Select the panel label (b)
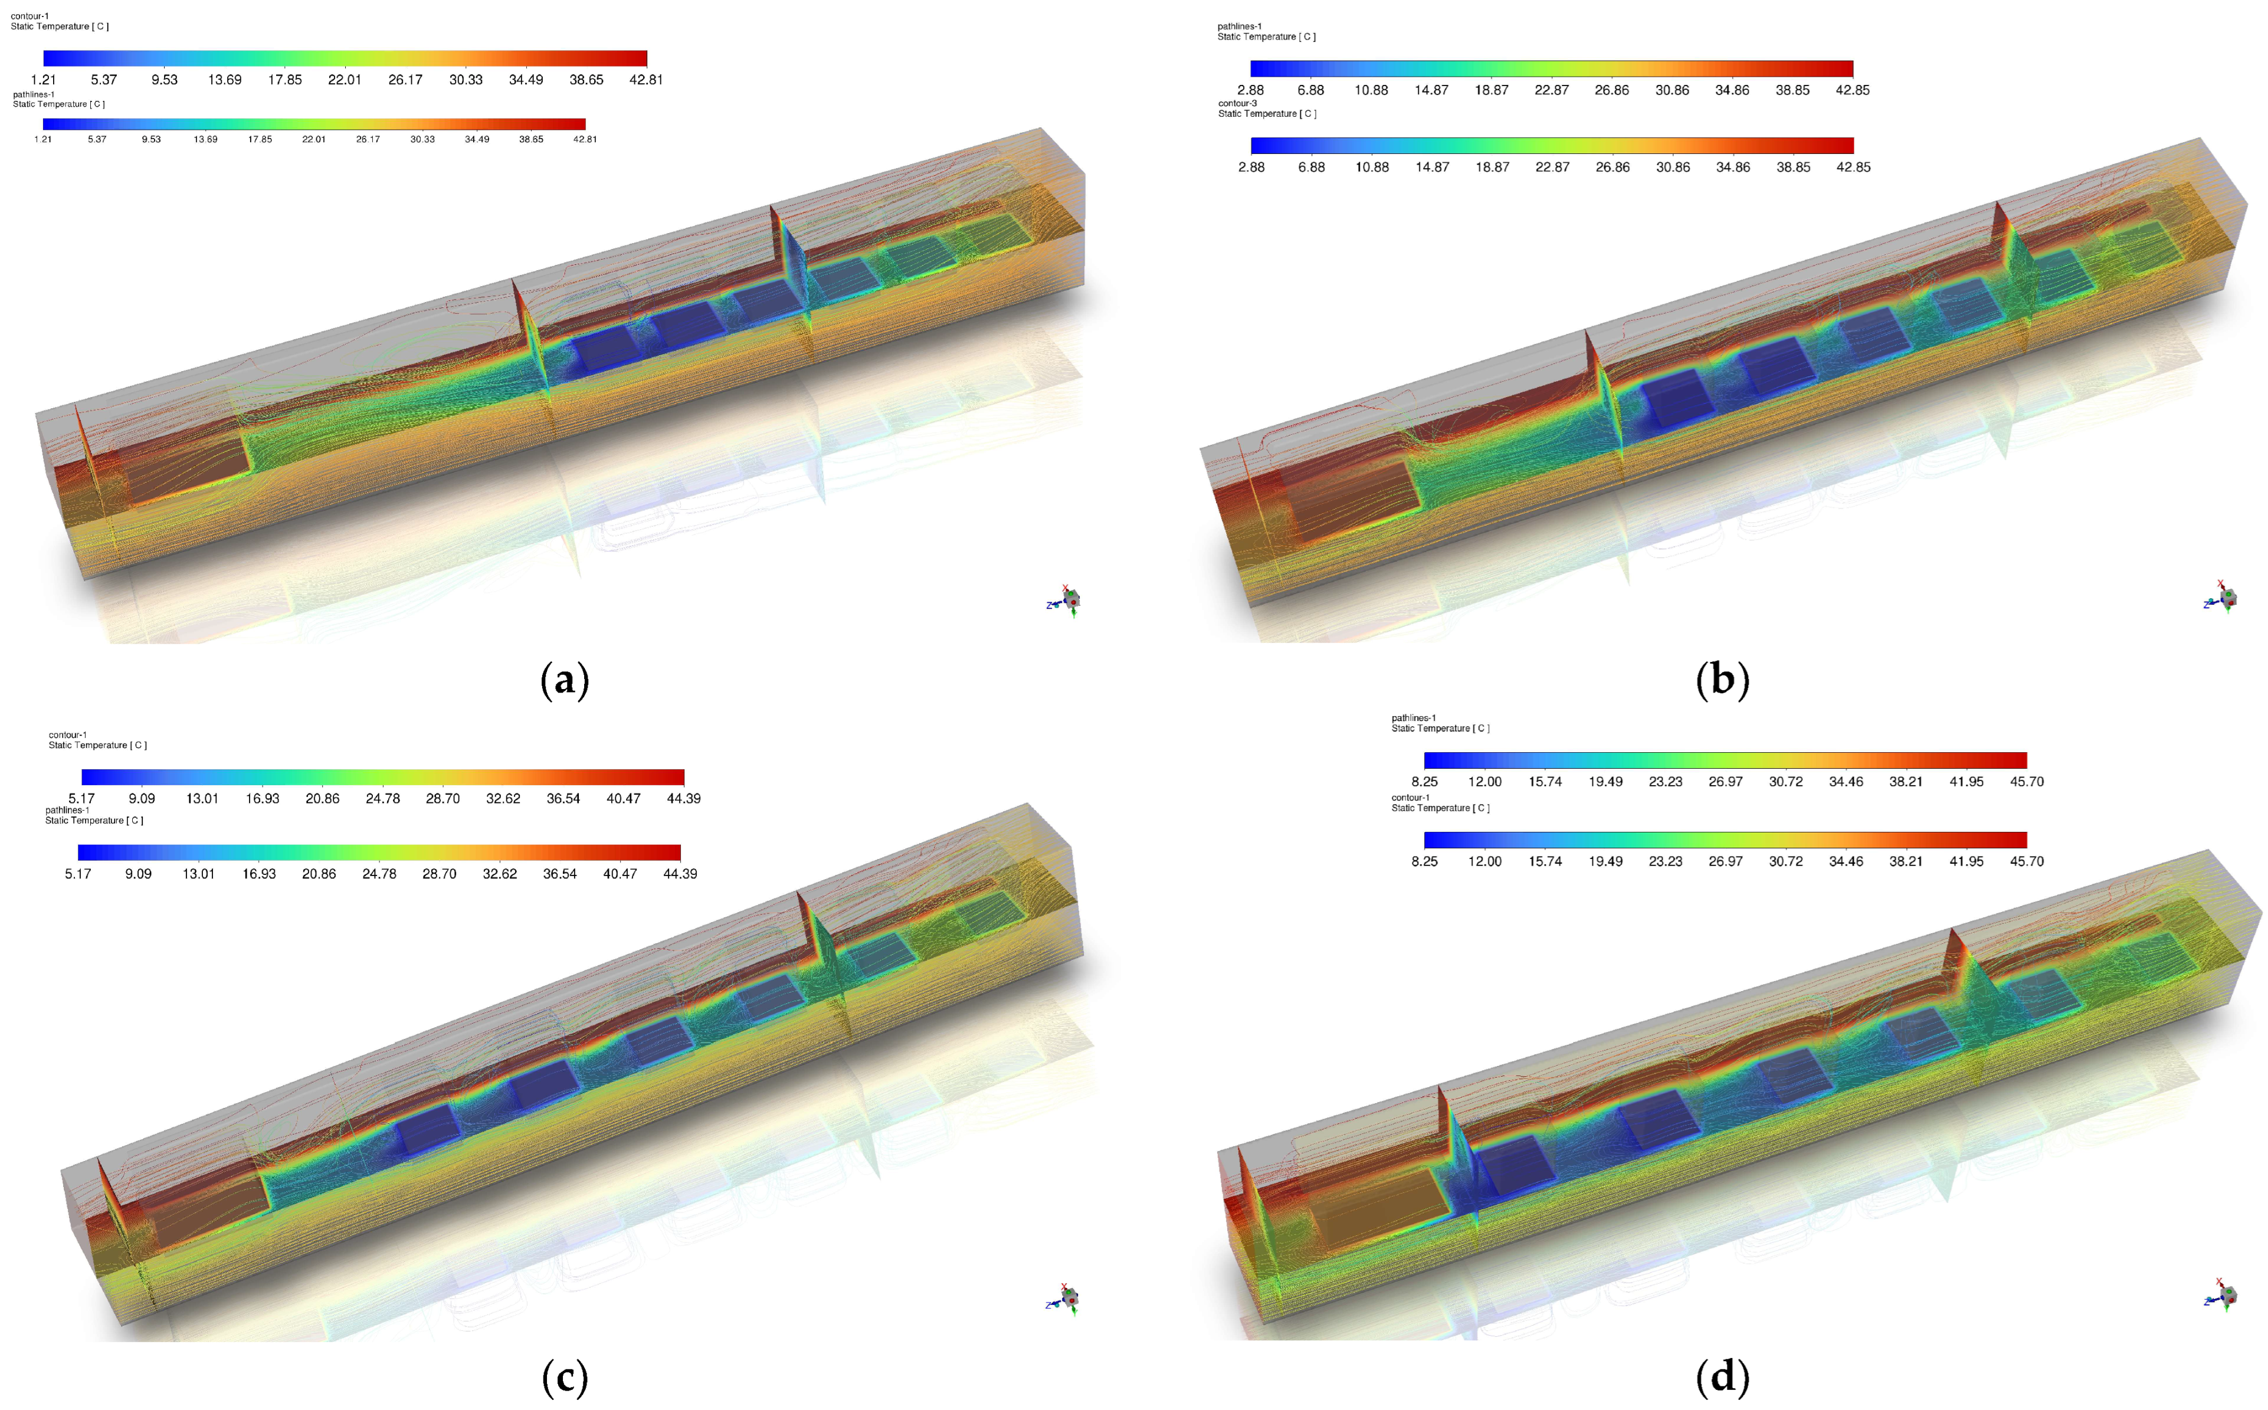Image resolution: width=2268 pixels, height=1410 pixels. [x=1722, y=680]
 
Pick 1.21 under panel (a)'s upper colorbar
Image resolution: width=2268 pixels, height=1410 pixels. [x=43, y=79]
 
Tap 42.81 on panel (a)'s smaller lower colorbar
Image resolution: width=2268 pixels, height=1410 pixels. [x=585, y=139]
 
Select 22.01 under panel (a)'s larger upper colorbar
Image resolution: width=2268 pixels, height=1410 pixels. [x=344, y=79]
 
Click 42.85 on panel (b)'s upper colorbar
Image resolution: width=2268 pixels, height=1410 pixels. [x=1852, y=90]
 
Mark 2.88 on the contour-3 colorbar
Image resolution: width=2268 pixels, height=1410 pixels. [x=1251, y=167]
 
